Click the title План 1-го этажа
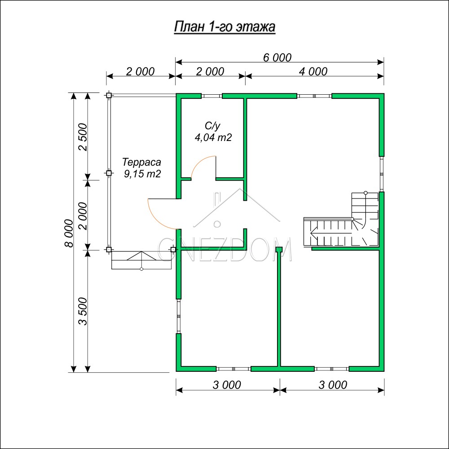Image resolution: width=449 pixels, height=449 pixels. click(x=224, y=27)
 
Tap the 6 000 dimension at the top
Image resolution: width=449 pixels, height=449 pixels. click(x=277, y=57)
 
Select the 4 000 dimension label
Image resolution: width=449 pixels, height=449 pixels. click(x=313, y=71)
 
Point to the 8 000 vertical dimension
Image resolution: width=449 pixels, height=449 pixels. click(x=69, y=233)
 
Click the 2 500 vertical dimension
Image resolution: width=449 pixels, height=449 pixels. click(x=83, y=137)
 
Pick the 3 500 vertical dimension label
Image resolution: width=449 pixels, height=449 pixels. click(x=83, y=311)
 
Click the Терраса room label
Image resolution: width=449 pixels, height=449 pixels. click(x=141, y=162)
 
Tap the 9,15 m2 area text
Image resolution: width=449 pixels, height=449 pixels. click(x=142, y=173)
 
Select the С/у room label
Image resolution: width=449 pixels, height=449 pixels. click(x=212, y=126)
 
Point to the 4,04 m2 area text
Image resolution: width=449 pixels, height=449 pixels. click(x=213, y=137)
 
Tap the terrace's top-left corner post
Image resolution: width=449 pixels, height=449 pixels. click(x=109, y=95)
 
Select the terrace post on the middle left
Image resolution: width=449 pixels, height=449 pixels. click(x=109, y=173)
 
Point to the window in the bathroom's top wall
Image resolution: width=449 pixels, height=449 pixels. click(x=211, y=96)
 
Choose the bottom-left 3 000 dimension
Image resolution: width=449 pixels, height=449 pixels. click(x=227, y=385)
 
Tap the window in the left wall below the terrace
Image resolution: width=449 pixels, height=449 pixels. click(x=179, y=316)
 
